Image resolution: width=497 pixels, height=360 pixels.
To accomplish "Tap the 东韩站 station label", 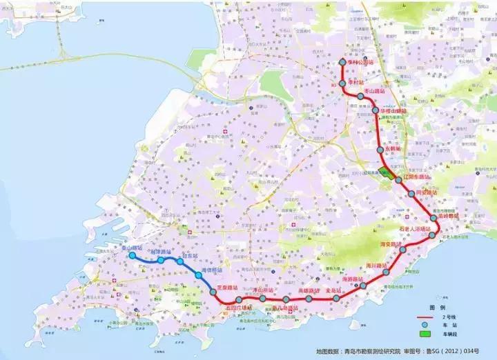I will (393, 148).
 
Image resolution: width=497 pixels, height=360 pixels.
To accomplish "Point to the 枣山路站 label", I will (373, 91).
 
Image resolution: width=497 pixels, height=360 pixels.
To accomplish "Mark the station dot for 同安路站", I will (410, 194).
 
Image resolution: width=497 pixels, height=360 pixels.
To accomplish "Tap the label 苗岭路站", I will (445, 217).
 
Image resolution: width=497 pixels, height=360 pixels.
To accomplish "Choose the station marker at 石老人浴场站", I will (433, 235).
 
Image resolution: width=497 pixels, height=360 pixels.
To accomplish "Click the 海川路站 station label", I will (376, 265).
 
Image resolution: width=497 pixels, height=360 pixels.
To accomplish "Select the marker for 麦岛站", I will (336, 299).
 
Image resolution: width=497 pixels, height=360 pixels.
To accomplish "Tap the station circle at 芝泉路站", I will (214, 292).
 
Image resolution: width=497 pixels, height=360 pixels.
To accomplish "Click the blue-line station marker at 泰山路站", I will (132, 256).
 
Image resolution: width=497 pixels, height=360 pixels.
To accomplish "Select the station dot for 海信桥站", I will (198, 275).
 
